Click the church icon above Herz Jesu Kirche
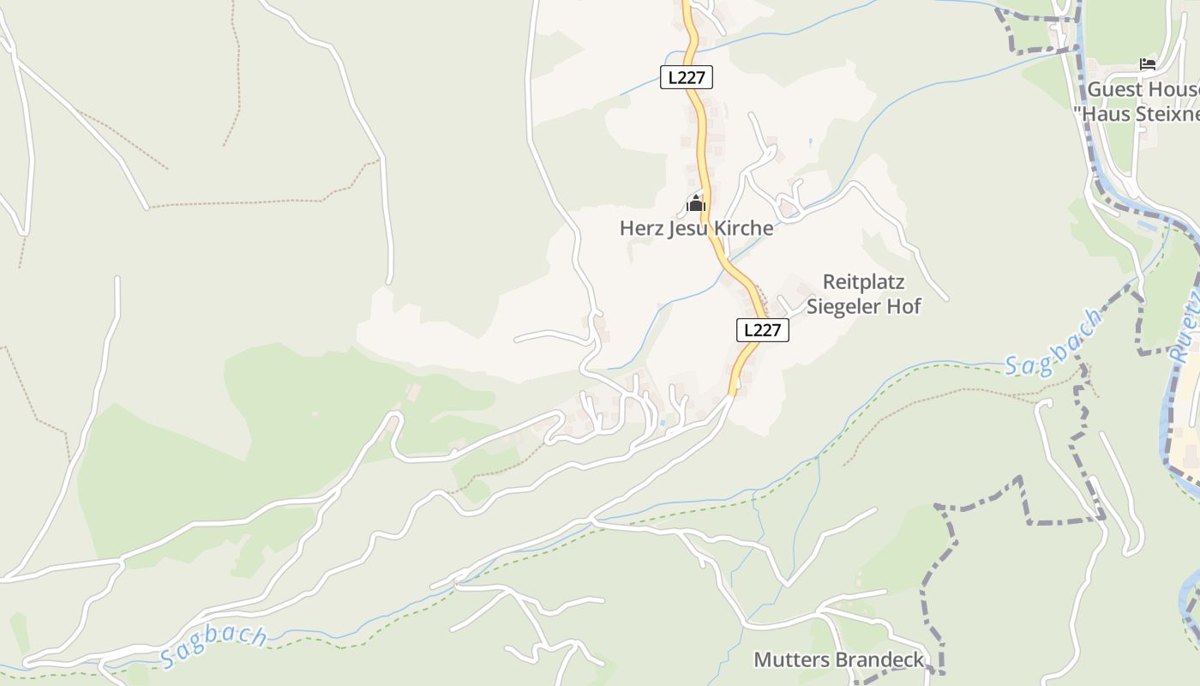point(695,204)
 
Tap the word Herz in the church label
point(640,229)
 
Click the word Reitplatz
point(863,282)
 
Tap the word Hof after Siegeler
point(905,306)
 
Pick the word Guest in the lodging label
point(1113,90)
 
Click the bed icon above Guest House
point(1147,64)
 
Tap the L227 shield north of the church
point(687,77)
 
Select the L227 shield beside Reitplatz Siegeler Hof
point(762,329)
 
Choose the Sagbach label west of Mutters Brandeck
point(213,646)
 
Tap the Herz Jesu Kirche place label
point(696,229)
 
